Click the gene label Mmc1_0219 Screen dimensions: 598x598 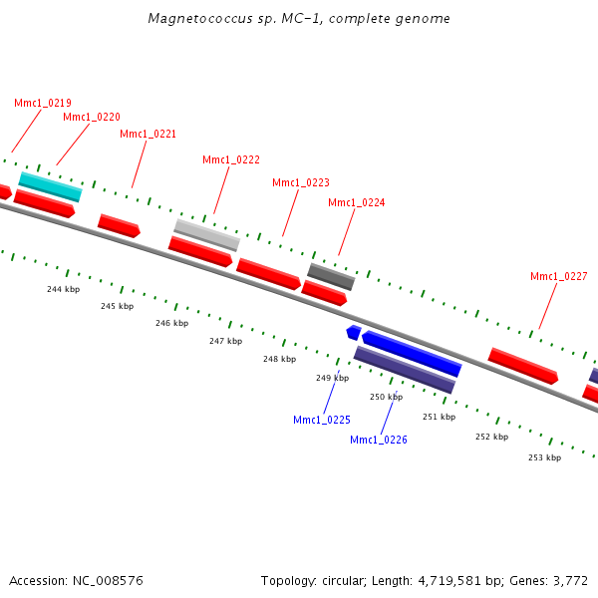[42, 103]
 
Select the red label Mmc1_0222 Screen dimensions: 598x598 [231, 159]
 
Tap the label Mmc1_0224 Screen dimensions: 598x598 [356, 202]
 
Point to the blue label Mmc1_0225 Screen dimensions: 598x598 [321, 420]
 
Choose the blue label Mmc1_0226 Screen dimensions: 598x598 [378, 440]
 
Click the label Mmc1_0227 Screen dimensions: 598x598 [558, 276]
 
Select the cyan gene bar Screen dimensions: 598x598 [50, 186]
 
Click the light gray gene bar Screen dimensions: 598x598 [207, 234]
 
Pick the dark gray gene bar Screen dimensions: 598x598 [331, 276]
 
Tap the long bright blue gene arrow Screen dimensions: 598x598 [412, 354]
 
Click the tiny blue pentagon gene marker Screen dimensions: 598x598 [353, 331]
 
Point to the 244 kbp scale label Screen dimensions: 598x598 [63, 289]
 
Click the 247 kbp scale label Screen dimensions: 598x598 [225, 341]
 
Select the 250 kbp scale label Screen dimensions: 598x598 [386, 397]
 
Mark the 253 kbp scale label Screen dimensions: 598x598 [544, 457]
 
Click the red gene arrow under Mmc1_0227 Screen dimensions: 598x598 [523, 366]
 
